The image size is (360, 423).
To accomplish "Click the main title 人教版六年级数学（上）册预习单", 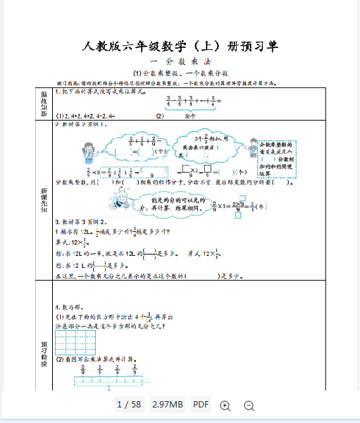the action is (x=180, y=47).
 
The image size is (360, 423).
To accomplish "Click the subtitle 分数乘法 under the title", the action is (x=180, y=62).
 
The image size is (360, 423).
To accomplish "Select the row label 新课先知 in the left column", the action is (x=43, y=200).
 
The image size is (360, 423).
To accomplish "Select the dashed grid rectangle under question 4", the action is (x=75, y=343).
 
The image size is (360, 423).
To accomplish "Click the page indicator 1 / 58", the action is (x=129, y=405).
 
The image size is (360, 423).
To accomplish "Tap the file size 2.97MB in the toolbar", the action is (x=168, y=405).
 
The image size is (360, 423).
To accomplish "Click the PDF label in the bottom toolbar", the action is (x=201, y=405).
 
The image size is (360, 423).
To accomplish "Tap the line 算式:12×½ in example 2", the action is (x=71, y=242).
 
